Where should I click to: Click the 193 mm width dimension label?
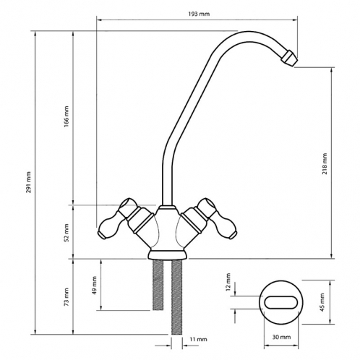199,14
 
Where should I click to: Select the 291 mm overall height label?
29,182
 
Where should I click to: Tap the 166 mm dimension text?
67,116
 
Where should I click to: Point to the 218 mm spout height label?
325,163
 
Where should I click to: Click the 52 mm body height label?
67,233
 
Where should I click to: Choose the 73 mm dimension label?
67,297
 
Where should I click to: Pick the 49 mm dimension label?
94,285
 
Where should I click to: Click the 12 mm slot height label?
228,282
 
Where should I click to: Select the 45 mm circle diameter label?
322,302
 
